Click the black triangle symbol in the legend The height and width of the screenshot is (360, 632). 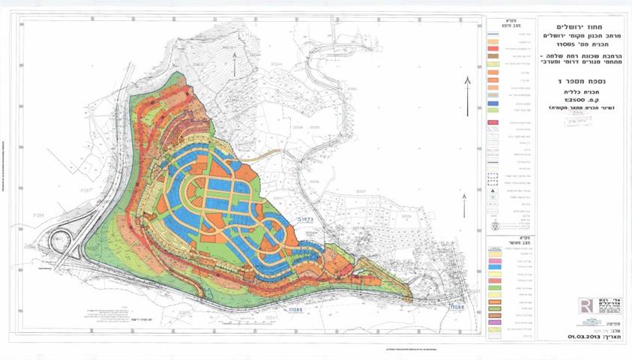(x=494, y=192)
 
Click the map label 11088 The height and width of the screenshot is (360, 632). (x=457, y=307)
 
